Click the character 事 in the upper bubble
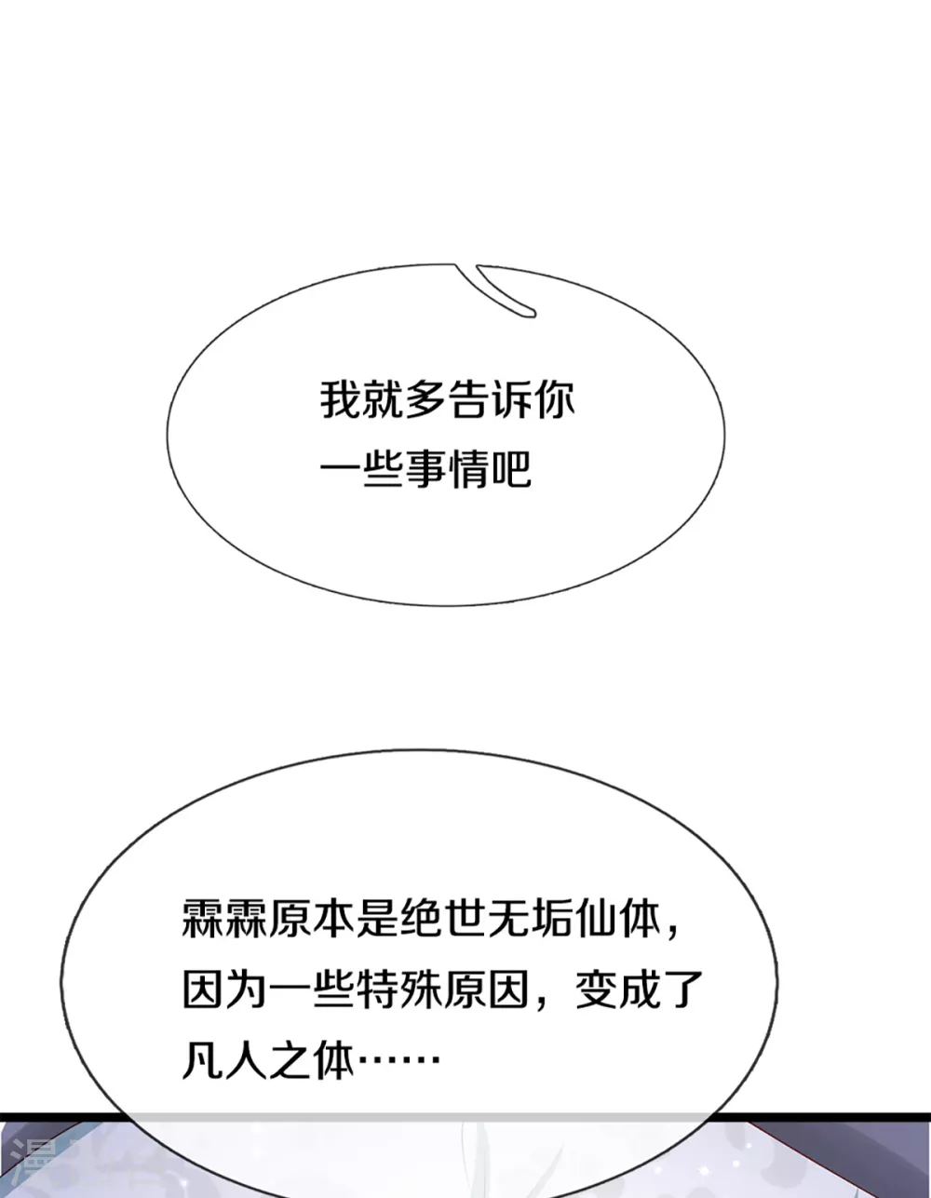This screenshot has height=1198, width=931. tap(425, 469)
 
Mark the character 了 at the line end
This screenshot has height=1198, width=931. tap(683, 989)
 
